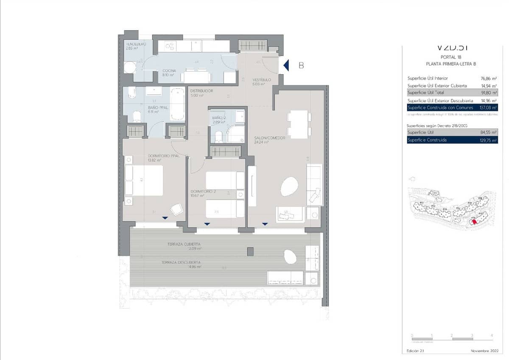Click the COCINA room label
tap(170, 71)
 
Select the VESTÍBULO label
tap(262, 80)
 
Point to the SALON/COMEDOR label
tap(269, 138)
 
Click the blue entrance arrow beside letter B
tap(286, 65)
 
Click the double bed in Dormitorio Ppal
tap(144, 180)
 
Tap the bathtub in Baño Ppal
tap(177, 104)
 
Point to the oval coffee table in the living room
tap(289, 186)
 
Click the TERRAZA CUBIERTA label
tap(184, 245)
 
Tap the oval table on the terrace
tap(290, 257)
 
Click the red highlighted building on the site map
tap(475, 221)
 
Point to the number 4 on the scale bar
tap(492, 335)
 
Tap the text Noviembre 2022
tap(484, 351)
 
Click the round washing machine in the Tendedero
tap(130, 67)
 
